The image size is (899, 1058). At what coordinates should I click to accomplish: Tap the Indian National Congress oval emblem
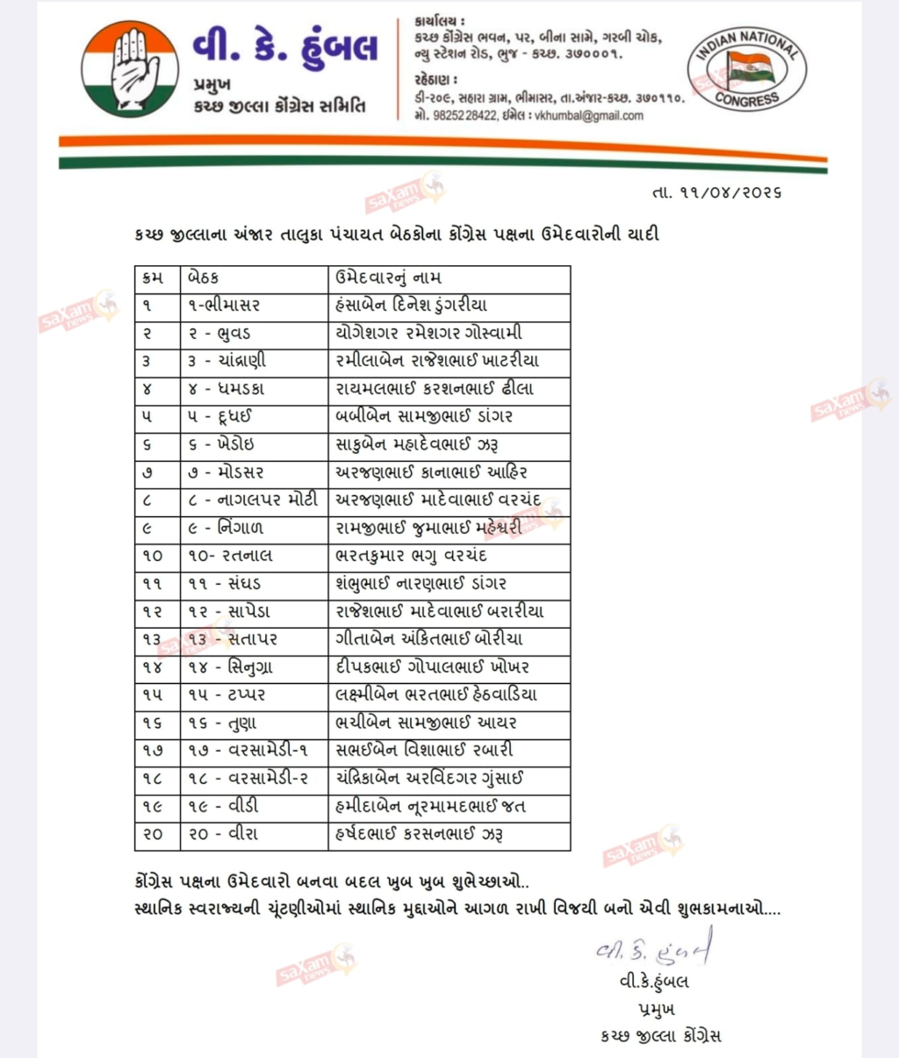tap(746, 69)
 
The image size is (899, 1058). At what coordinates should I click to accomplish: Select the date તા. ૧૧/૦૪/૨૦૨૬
tap(716, 191)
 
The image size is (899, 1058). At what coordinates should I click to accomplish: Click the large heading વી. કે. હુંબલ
tap(286, 46)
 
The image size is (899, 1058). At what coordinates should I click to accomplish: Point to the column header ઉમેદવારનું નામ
tap(388, 277)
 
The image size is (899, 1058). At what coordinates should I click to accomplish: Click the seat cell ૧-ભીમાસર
tap(224, 306)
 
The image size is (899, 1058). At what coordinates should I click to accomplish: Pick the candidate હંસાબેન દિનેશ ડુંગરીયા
tap(411, 306)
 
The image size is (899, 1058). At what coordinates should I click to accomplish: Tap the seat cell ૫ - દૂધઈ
tap(219, 416)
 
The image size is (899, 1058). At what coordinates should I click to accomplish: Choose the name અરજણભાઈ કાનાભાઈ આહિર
tap(431, 472)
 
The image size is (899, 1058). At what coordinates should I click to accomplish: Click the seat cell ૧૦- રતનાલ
tap(230, 556)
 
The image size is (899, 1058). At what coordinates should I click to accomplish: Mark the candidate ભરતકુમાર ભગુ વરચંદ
tap(411, 556)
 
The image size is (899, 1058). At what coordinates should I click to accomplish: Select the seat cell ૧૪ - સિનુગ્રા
tap(230, 667)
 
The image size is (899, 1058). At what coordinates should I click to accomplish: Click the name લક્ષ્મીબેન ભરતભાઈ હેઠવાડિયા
tap(436, 695)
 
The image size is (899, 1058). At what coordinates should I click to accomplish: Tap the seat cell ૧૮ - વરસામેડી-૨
tap(248, 778)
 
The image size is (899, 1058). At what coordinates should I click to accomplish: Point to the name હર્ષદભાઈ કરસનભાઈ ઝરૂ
tap(420, 834)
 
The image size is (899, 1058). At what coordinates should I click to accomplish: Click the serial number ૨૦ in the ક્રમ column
tap(153, 834)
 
